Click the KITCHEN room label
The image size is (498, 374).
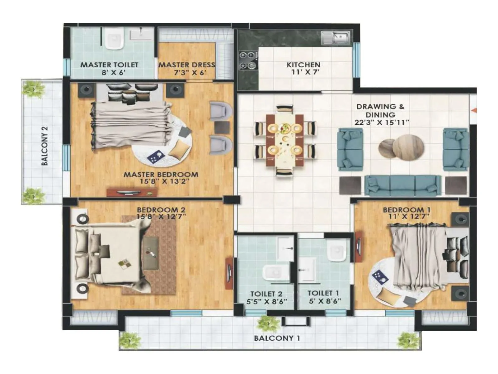(303, 65)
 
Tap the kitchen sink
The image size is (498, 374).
(336, 38)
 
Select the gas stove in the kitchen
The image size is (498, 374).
(248, 60)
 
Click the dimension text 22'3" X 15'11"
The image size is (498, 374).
(382, 122)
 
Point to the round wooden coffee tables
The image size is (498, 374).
(402, 146)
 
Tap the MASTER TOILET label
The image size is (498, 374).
(109, 65)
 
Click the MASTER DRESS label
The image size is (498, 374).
(187, 65)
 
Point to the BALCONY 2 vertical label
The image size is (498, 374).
(45, 146)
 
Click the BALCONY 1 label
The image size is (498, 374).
(277, 338)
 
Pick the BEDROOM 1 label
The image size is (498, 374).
(403, 210)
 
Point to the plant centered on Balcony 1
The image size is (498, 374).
(265, 324)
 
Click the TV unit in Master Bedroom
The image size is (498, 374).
(132, 192)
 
